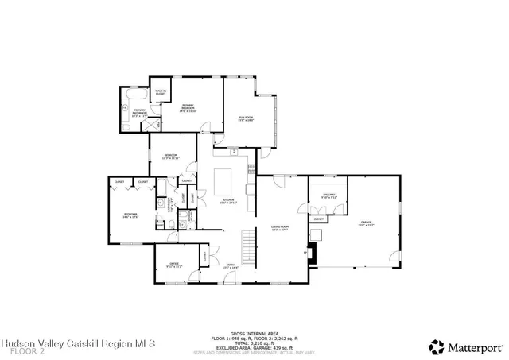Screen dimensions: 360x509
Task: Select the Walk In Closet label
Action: (161, 94)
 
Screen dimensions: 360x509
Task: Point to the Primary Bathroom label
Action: (139, 112)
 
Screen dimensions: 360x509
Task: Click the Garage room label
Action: (366, 224)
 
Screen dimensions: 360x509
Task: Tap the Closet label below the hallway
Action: (318, 219)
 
